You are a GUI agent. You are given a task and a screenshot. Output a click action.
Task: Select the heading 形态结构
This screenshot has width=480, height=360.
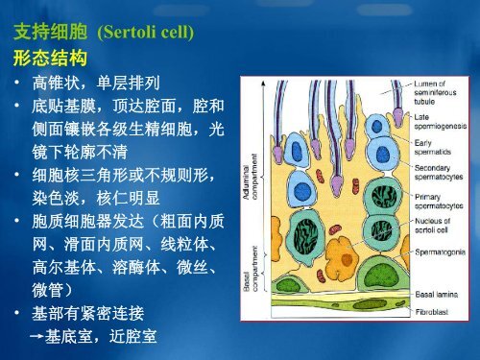pos(44,59)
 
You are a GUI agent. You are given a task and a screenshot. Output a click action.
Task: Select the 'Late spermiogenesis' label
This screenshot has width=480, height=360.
pos(441,123)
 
